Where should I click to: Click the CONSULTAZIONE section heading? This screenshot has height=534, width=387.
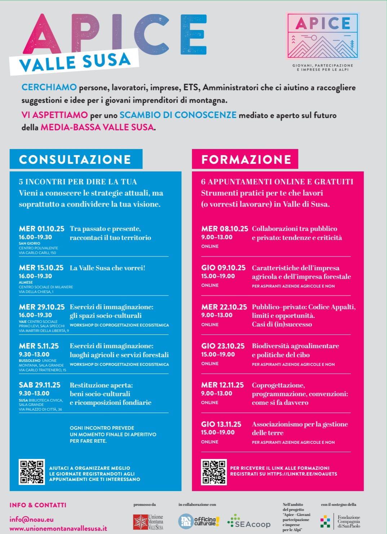click(x=75, y=159)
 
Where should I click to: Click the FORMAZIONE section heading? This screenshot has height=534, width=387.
click(x=246, y=159)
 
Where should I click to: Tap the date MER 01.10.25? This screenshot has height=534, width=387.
click(x=41, y=229)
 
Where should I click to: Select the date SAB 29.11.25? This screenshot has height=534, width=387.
click(x=40, y=385)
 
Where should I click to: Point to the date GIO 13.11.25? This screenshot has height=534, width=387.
click(x=221, y=424)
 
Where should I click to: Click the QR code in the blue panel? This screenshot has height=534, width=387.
click(x=32, y=472)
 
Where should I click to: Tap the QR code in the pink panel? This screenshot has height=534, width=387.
click(x=214, y=472)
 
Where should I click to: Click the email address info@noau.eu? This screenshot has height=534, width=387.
click(x=32, y=520)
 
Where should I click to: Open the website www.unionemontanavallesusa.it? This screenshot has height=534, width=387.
click(x=58, y=528)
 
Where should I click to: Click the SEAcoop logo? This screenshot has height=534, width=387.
click(x=249, y=522)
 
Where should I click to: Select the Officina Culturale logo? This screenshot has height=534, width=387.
click(x=199, y=521)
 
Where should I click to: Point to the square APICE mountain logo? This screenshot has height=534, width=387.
click(x=323, y=36)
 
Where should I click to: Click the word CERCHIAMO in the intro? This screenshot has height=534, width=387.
click(x=49, y=87)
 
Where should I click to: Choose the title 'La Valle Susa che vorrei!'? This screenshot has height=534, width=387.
click(x=107, y=268)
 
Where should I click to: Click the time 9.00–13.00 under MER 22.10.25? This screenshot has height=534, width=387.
click(x=217, y=315)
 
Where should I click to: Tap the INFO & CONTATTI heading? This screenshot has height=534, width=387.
click(x=38, y=505)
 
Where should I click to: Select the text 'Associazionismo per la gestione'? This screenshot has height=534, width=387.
click(x=300, y=424)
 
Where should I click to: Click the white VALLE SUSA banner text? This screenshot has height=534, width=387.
click(x=75, y=62)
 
